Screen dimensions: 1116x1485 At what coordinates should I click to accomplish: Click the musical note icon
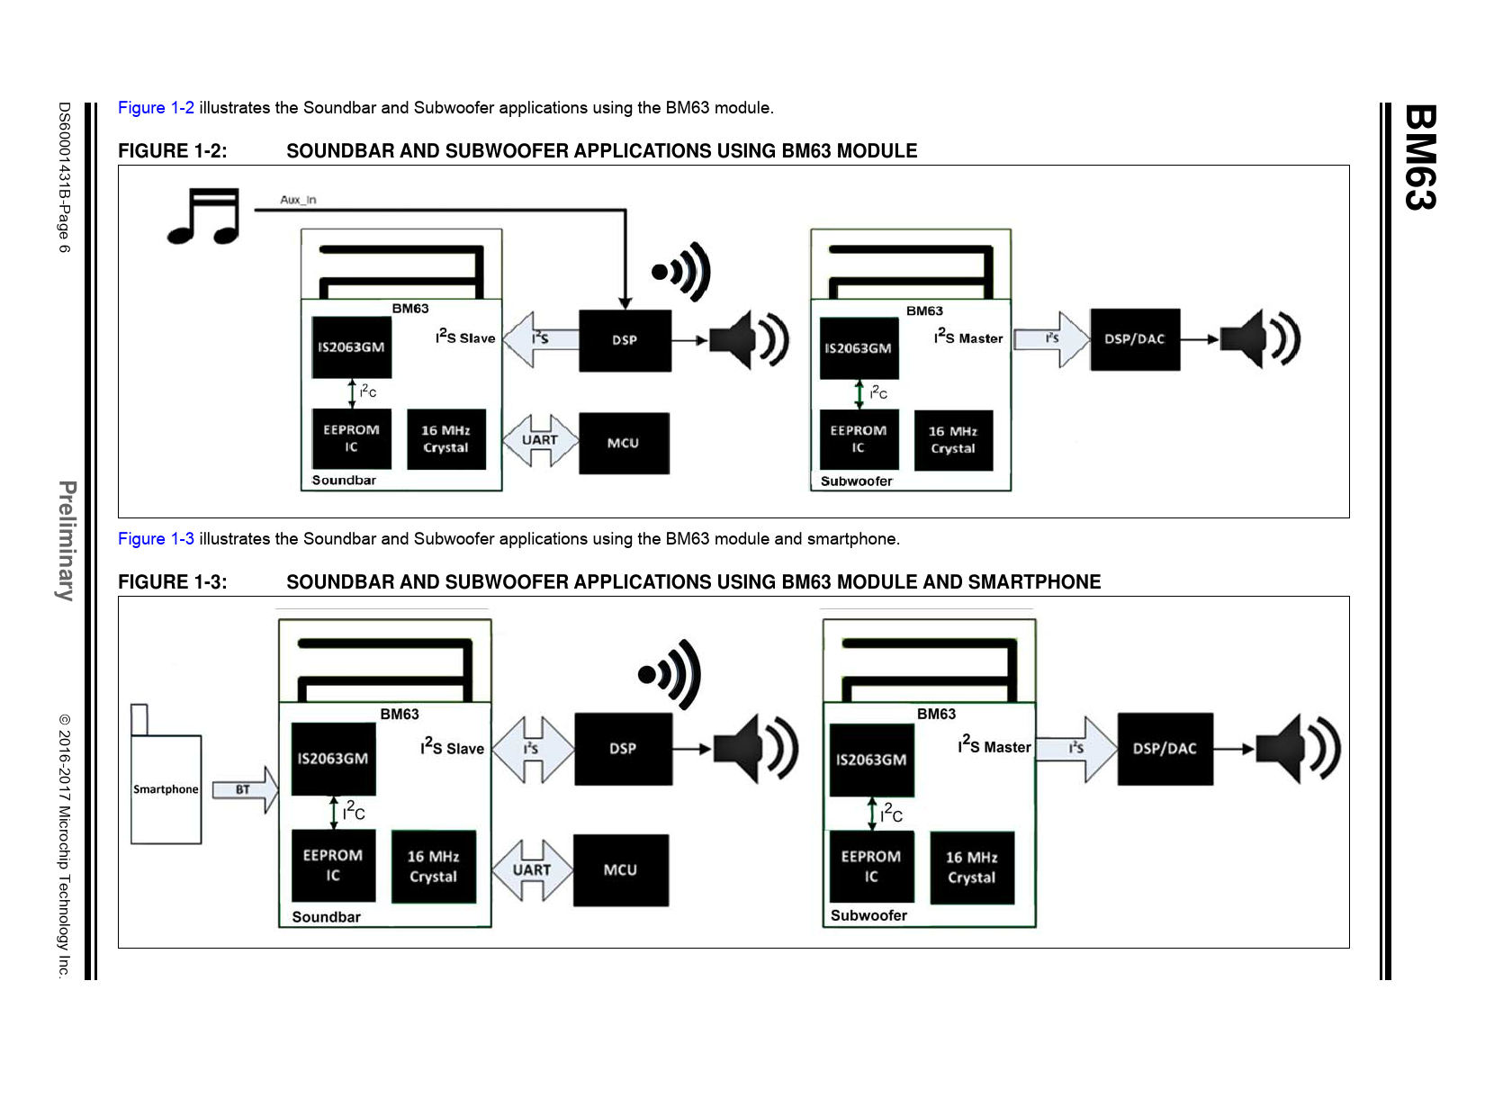click(x=204, y=216)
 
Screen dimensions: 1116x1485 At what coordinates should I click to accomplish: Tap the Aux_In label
click(x=298, y=200)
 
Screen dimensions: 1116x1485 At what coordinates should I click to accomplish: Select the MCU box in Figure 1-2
click(x=624, y=443)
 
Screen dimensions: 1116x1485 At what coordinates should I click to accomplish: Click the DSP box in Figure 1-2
click(x=625, y=340)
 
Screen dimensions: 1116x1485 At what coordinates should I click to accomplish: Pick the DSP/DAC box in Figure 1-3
click(x=1165, y=749)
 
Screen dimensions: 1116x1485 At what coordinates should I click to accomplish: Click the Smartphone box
click(x=166, y=789)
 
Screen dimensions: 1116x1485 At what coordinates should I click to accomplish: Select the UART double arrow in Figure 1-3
click(x=532, y=870)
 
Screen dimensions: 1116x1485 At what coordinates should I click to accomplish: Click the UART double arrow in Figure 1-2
click(x=539, y=440)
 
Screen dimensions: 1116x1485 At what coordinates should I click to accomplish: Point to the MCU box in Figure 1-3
click(x=620, y=870)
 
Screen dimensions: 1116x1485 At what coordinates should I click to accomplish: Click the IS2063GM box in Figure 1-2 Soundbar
click(x=351, y=347)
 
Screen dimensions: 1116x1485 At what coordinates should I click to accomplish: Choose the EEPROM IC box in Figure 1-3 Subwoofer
click(x=870, y=866)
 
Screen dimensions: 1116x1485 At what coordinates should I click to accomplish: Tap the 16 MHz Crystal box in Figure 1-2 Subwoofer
click(x=953, y=440)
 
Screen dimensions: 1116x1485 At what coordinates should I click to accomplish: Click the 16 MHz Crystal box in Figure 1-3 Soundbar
click(x=433, y=867)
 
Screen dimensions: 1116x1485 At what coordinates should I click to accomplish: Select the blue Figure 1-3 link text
click(x=156, y=539)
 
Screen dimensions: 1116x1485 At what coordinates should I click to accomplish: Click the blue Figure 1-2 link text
click(x=156, y=108)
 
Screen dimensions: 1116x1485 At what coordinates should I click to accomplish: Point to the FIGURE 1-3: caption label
click(x=172, y=582)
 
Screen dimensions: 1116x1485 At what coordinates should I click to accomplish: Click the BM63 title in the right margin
click(x=1420, y=157)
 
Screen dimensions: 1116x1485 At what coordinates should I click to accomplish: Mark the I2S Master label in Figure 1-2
click(x=968, y=337)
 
